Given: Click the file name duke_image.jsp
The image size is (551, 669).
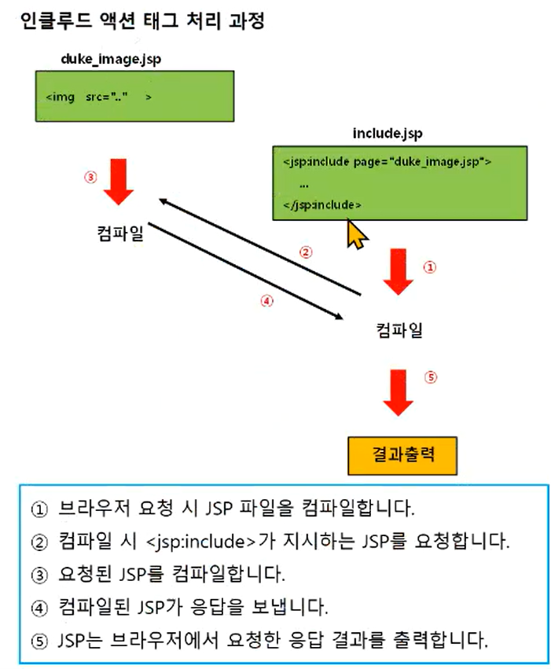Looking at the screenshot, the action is click(111, 59).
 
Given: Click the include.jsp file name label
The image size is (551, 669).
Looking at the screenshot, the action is click(388, 134).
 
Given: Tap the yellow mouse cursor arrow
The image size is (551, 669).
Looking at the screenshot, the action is click(357, 233).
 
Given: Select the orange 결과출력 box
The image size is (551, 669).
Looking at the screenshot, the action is click(402, 455).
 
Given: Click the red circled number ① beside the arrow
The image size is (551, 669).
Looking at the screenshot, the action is click(429, 267).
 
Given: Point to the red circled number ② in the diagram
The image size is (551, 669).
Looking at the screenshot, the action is click(305, 252).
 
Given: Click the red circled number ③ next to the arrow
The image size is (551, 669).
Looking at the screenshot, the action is click(90, 177).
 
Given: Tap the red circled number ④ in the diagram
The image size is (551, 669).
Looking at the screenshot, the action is click(266, 301).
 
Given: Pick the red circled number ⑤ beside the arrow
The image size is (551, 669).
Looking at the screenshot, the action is click(430, 377).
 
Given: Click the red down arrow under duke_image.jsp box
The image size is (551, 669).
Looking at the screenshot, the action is click(119, 182).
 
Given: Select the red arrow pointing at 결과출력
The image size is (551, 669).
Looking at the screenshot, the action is click(398, 392).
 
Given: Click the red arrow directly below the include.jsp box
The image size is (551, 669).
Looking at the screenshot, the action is click(398, 272).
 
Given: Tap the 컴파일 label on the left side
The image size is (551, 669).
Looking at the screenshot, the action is click(121, 233).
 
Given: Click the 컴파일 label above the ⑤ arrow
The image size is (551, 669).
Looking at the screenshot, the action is click(399, 330).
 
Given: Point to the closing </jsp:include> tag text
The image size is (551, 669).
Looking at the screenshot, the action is click(322, 205).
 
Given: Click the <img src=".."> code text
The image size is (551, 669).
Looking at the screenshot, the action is click(98, 97).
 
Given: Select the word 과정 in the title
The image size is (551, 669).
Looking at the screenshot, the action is click(247, 20).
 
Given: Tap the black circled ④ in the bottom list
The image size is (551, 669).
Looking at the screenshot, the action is click(39, 608).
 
